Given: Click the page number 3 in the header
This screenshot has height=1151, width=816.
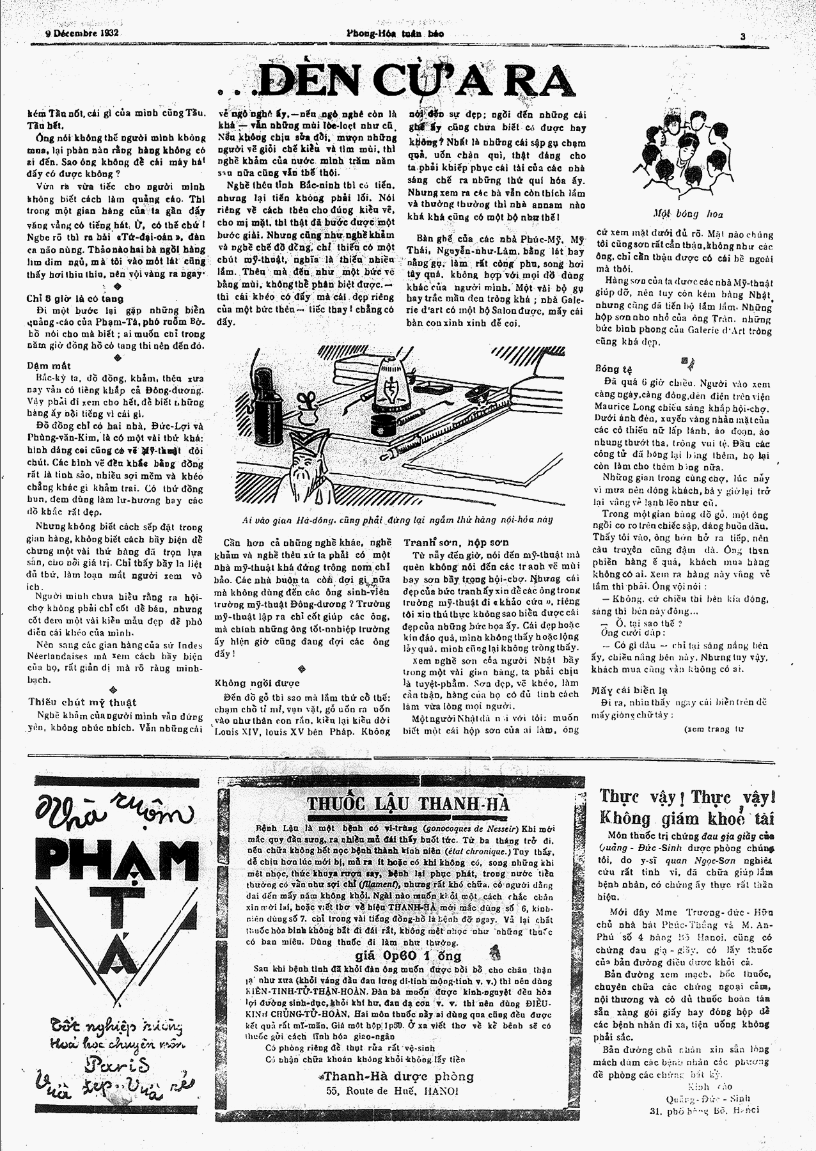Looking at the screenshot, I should click(x=743, y=36).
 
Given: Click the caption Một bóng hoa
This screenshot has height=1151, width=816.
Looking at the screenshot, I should click(x=688, y=214).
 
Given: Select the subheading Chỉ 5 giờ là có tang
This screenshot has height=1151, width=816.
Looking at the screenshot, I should click(x=75, y=299).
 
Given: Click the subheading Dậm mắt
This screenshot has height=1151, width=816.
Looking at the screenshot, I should click(x=49, y=366).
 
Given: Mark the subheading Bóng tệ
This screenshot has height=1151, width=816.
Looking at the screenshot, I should click(x=613, y=369).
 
